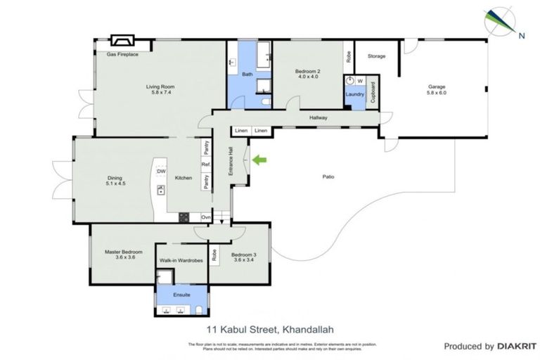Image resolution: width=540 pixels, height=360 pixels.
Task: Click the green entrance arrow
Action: pyautogui.click(x=259, y=162)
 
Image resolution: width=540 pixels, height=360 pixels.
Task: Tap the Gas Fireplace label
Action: pyautogui.click(x=122, y=54)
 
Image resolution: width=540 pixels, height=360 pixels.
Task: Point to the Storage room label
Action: pyautogui.click(x=376, y=56)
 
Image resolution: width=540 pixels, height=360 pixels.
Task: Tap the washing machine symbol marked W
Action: pyautogui.click(x=359, y=80)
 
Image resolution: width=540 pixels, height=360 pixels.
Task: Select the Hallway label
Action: pyautogui.click(x=318, y=117)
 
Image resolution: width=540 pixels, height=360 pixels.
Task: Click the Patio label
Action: pyautogui.click(x=328, y=176)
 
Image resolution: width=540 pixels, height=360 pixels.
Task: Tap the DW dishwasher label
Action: pyautogui.click(x=161, y=171)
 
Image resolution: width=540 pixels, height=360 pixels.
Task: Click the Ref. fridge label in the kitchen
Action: pyautogui.click(x=206, y=165)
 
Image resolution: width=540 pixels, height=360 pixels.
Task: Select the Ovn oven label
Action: pyautogui.click(x=206, y=217)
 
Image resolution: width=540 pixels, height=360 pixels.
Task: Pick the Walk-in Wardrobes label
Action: pyautogui.click(x=181, y=260)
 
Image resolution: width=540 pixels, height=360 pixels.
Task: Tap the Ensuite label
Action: pyautogui.click(x=182, y=295)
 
